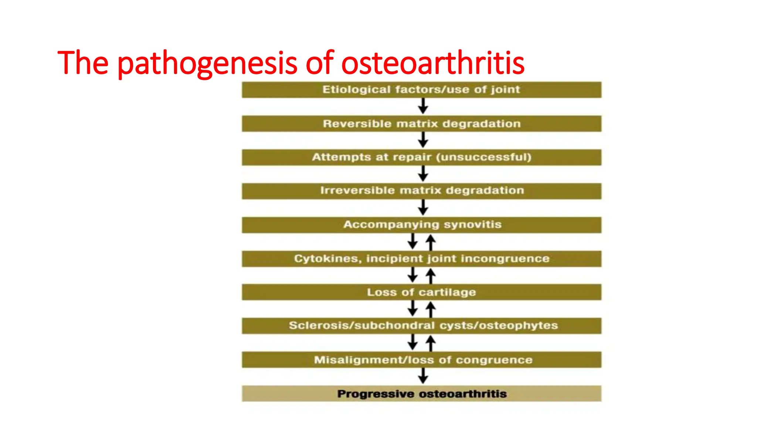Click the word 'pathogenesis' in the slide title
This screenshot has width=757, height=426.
(207, 64)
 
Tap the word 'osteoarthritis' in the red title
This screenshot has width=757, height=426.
(432, 63)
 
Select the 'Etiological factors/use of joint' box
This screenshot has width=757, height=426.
(421, 90)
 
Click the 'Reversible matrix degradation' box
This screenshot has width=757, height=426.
(421, 124)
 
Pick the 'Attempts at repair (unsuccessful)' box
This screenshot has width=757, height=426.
(421, 158)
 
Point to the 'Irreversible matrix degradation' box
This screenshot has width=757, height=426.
(421, 191)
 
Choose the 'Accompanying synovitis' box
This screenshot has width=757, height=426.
(421, 225)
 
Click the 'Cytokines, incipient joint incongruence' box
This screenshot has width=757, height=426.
(421, 259)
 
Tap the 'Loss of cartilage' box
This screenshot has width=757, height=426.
(421, 292)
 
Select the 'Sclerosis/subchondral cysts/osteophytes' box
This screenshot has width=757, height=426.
(421, 326)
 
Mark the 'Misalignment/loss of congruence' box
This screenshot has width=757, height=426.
(421, 360)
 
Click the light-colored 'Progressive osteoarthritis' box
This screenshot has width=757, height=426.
(421, 394)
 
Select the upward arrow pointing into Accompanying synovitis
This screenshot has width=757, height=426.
(431, 242)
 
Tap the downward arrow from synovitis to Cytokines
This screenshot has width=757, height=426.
(413, 242)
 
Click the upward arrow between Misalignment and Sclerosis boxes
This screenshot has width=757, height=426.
(431, 343)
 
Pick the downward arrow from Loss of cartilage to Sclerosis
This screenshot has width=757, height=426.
(413, 309)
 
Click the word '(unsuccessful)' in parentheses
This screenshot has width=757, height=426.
(484, 158)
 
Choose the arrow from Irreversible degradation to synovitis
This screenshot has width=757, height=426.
(423, 208)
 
